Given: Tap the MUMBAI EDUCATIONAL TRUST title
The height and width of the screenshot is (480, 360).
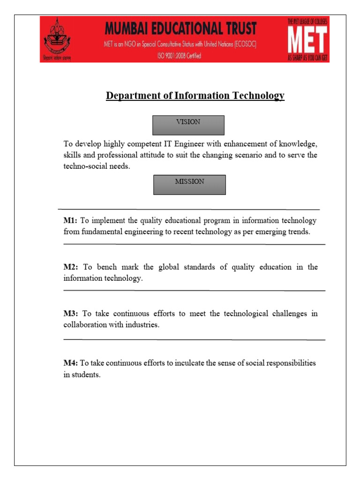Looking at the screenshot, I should [x=180, y=29].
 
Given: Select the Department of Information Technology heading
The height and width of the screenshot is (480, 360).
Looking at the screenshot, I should [x=195, y=96].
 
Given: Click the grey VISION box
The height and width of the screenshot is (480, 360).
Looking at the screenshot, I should [x=188, y=125].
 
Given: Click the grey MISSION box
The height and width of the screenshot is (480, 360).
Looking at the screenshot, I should [x=189, y=185].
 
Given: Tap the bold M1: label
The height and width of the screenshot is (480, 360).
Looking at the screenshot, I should [x=71, y=220].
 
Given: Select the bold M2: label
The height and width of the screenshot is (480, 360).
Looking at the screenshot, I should [x=72, y=267].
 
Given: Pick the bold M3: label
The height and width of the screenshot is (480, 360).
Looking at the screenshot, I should [x=72, y=314].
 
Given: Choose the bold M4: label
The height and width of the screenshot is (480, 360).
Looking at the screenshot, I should [x=71, y=363].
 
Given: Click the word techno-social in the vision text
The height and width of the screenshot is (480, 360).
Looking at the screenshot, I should [x=86, y=166].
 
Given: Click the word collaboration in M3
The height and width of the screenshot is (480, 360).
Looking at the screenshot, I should [x=86, y=325].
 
